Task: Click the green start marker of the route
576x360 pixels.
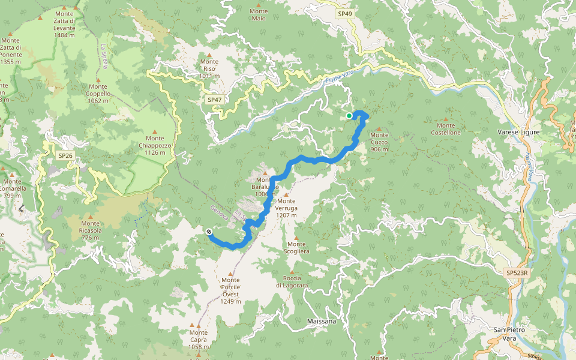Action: pyautogui.click(x=349, y=116)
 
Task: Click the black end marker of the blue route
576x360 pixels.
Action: pyautogui.click(x=209, y=232)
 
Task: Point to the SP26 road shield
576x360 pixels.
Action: pyautogui.click(x=65, y=155)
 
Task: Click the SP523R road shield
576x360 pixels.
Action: pyautogui.click(x=517, y=273)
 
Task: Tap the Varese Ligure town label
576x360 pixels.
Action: pyautogui.click(x=518, y=132)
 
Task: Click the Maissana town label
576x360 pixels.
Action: pyautogui.click(x=321, y=321)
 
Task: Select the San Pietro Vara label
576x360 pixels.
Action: pyautogui.click(x=505, y=334)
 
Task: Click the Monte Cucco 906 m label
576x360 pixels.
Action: pyautogui.click(x=379, y=142)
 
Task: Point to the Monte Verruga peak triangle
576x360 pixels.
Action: pyautogui.click(x=286, y=194)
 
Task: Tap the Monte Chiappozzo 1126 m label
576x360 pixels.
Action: pyautogui.click(x=154, y=145)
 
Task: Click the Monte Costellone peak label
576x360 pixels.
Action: pyautogui.click(x=446, y=132)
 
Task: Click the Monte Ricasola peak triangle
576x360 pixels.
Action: pyautogui.click(x=90, y=216)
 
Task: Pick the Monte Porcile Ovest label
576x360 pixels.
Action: pyautogui.click(x=230, y=290)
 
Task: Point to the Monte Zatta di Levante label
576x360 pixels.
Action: pyautogui.click(x=64, y=24)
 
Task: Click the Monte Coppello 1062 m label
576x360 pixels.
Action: pyautogui.click(x=98, y=93)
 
